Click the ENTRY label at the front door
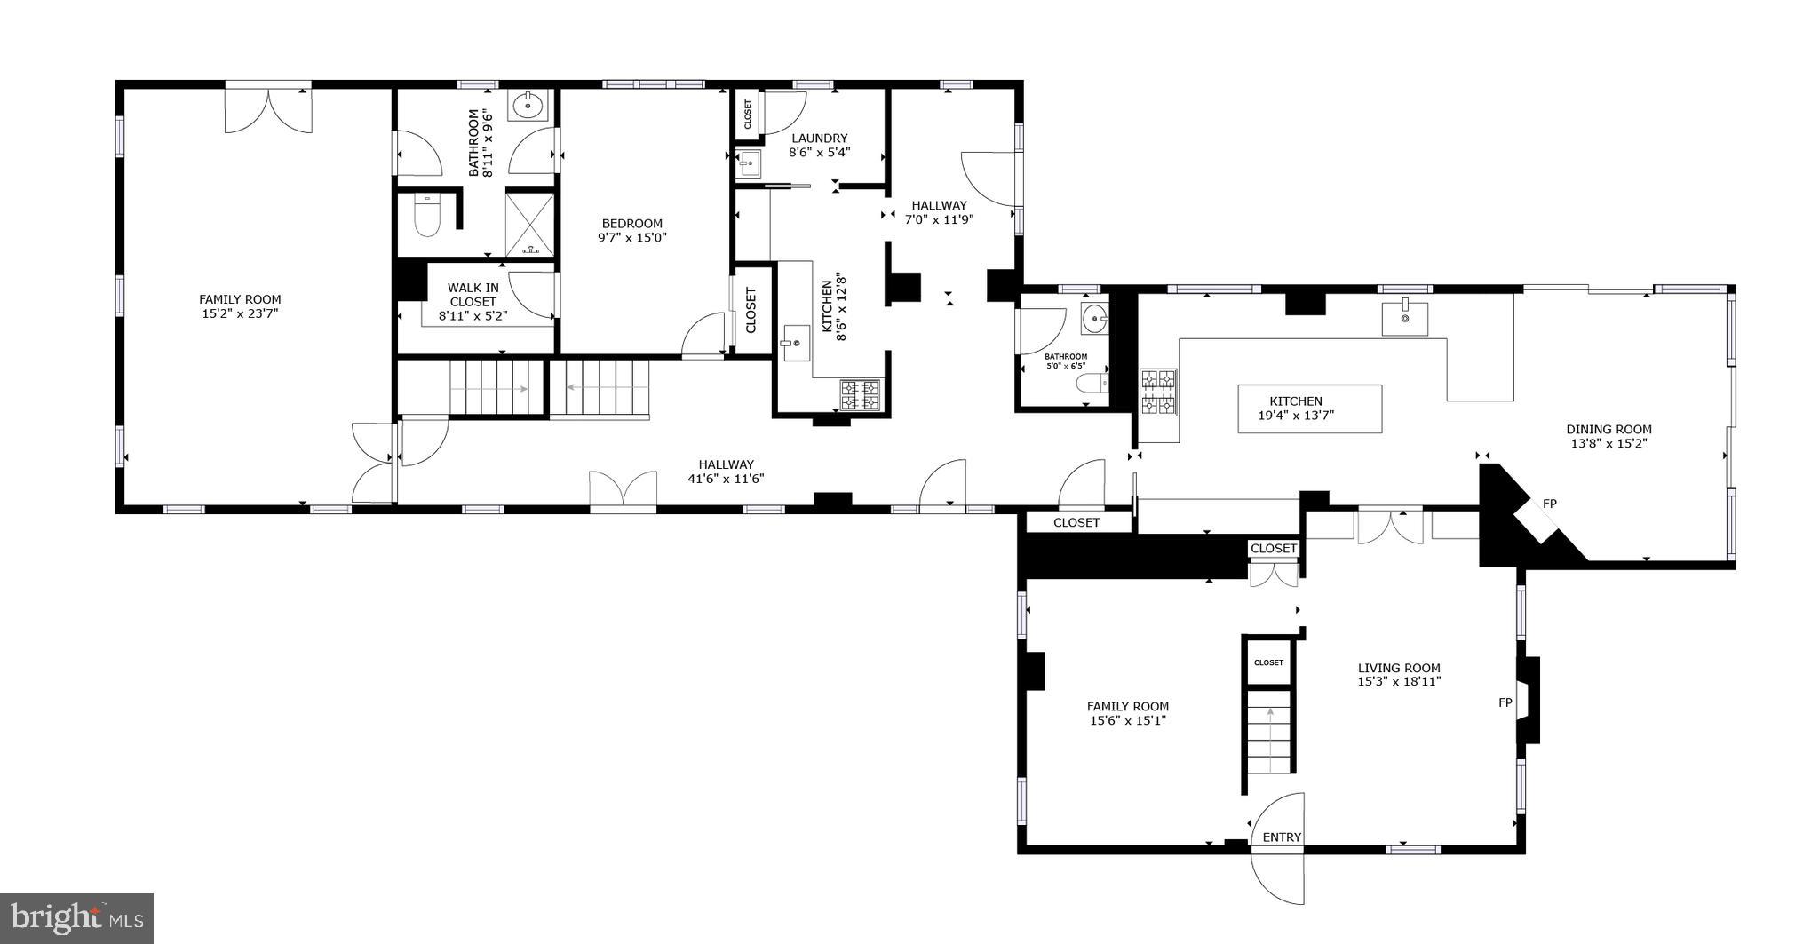pos(1282,837)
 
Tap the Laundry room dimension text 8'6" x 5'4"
pos(819,152)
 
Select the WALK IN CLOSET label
pos(473,295)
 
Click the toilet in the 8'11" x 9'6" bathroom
pos(427,216)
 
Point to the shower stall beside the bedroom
pos(530,225)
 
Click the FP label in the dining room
pos(1549,504)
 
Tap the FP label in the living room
pos(1505,702)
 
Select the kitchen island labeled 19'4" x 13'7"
pos(1309,409)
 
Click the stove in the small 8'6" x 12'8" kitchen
pos(860,394)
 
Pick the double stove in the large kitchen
pos(1158,393)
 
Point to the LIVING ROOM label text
pos(1398,668)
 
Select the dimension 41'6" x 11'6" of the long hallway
pos(726,479)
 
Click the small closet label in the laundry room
pos(747,115)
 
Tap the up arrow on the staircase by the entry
pos(1270,713)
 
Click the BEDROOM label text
pos(631,224)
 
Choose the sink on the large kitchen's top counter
pos(1404,317)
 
